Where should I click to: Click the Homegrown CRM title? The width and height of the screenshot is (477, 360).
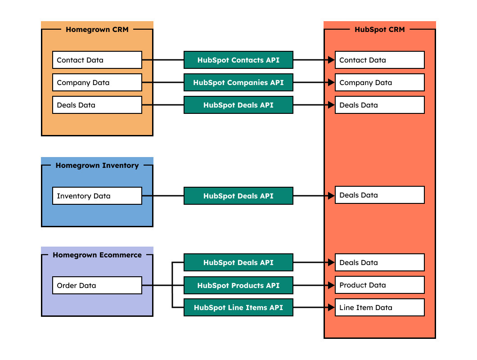click(x=97, y=30)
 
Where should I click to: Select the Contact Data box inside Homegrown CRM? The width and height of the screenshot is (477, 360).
click(x=97, y=60)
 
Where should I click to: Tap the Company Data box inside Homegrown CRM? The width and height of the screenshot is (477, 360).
click(x=97, y=82)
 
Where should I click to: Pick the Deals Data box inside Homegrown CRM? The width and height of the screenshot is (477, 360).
click(x=97, y=105)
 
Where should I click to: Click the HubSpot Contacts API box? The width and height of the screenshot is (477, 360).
click(x=238, y=60)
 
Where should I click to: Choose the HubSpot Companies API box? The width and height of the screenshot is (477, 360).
click(x=238, y=82)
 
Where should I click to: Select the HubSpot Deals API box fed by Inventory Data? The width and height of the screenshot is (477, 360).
click(x=238, y=196)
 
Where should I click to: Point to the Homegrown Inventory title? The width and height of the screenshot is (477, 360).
click(x=97, y=165)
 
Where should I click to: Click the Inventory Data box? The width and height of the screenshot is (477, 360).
click(x=97, y=196)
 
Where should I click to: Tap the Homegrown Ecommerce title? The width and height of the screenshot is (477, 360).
click(x=97, y=255)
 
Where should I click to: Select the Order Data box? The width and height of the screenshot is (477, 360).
click(x=97, y=285)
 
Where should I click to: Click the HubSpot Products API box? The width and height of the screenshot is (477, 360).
click(x=238, y=285)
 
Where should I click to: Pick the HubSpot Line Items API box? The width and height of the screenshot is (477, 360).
click(x=238, y=308)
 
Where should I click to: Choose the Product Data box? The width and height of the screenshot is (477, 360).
click(x=379, y=285)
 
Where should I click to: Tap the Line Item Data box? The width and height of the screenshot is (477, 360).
click(x=379, y=308)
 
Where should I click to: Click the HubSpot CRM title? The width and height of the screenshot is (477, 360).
click(x=379, y=30)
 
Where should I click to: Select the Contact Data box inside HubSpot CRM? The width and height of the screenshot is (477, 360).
click(x=379, y=60)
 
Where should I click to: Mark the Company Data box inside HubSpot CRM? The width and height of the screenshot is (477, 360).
click(x=379, y=82)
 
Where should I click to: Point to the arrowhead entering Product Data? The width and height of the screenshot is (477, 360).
click(x=332, y=285)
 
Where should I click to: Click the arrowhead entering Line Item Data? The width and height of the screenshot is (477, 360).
click(x=332, y=308)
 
